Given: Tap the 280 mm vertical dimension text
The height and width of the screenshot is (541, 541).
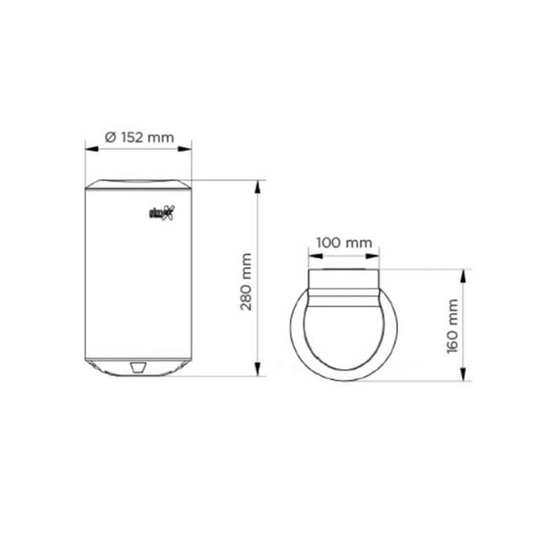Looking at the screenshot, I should coord(247,281).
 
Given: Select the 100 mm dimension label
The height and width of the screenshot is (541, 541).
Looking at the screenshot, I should coord(343,242).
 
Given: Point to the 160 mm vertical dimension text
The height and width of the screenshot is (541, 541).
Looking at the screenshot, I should coord(453,325).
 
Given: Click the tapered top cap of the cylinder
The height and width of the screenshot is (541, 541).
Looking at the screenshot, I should coord(138,183).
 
